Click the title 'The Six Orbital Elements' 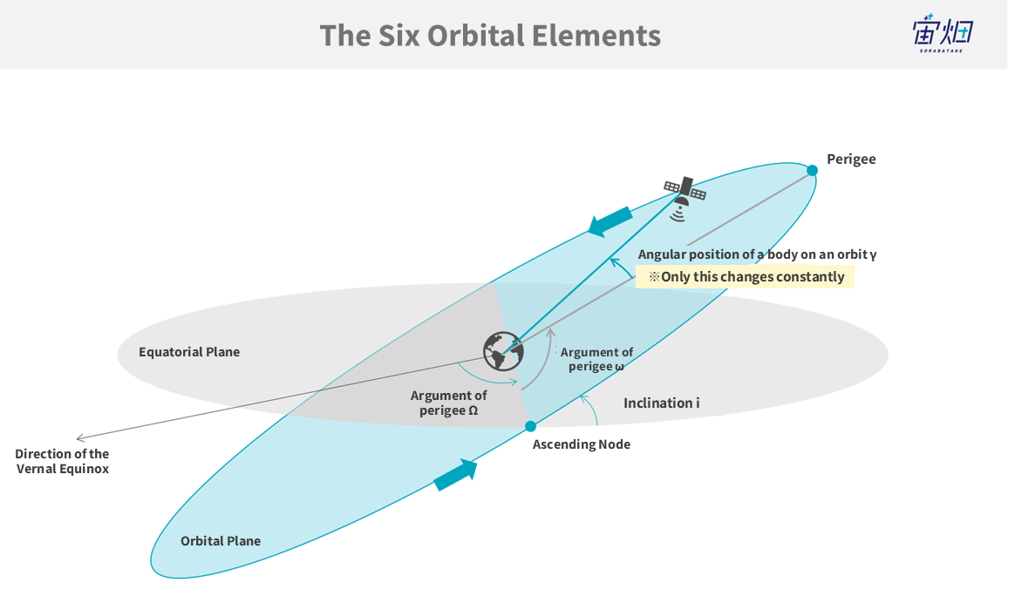pos(490,36)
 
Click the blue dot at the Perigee pos(812,170)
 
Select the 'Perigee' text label pos(851,159)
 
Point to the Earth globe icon pos(503,351)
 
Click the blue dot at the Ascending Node pos(530,426)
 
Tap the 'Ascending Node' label pos(581,444)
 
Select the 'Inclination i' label pos(661,403)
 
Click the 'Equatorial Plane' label pos(189,352)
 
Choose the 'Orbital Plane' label pos(221,541)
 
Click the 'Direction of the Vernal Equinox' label pos(62,461)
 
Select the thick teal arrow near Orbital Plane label pos(456,474)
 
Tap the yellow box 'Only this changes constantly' pos(745,277)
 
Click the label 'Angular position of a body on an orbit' pos(757,254)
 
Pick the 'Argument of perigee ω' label pos(596,359)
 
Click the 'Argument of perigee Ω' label pos(449,403)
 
